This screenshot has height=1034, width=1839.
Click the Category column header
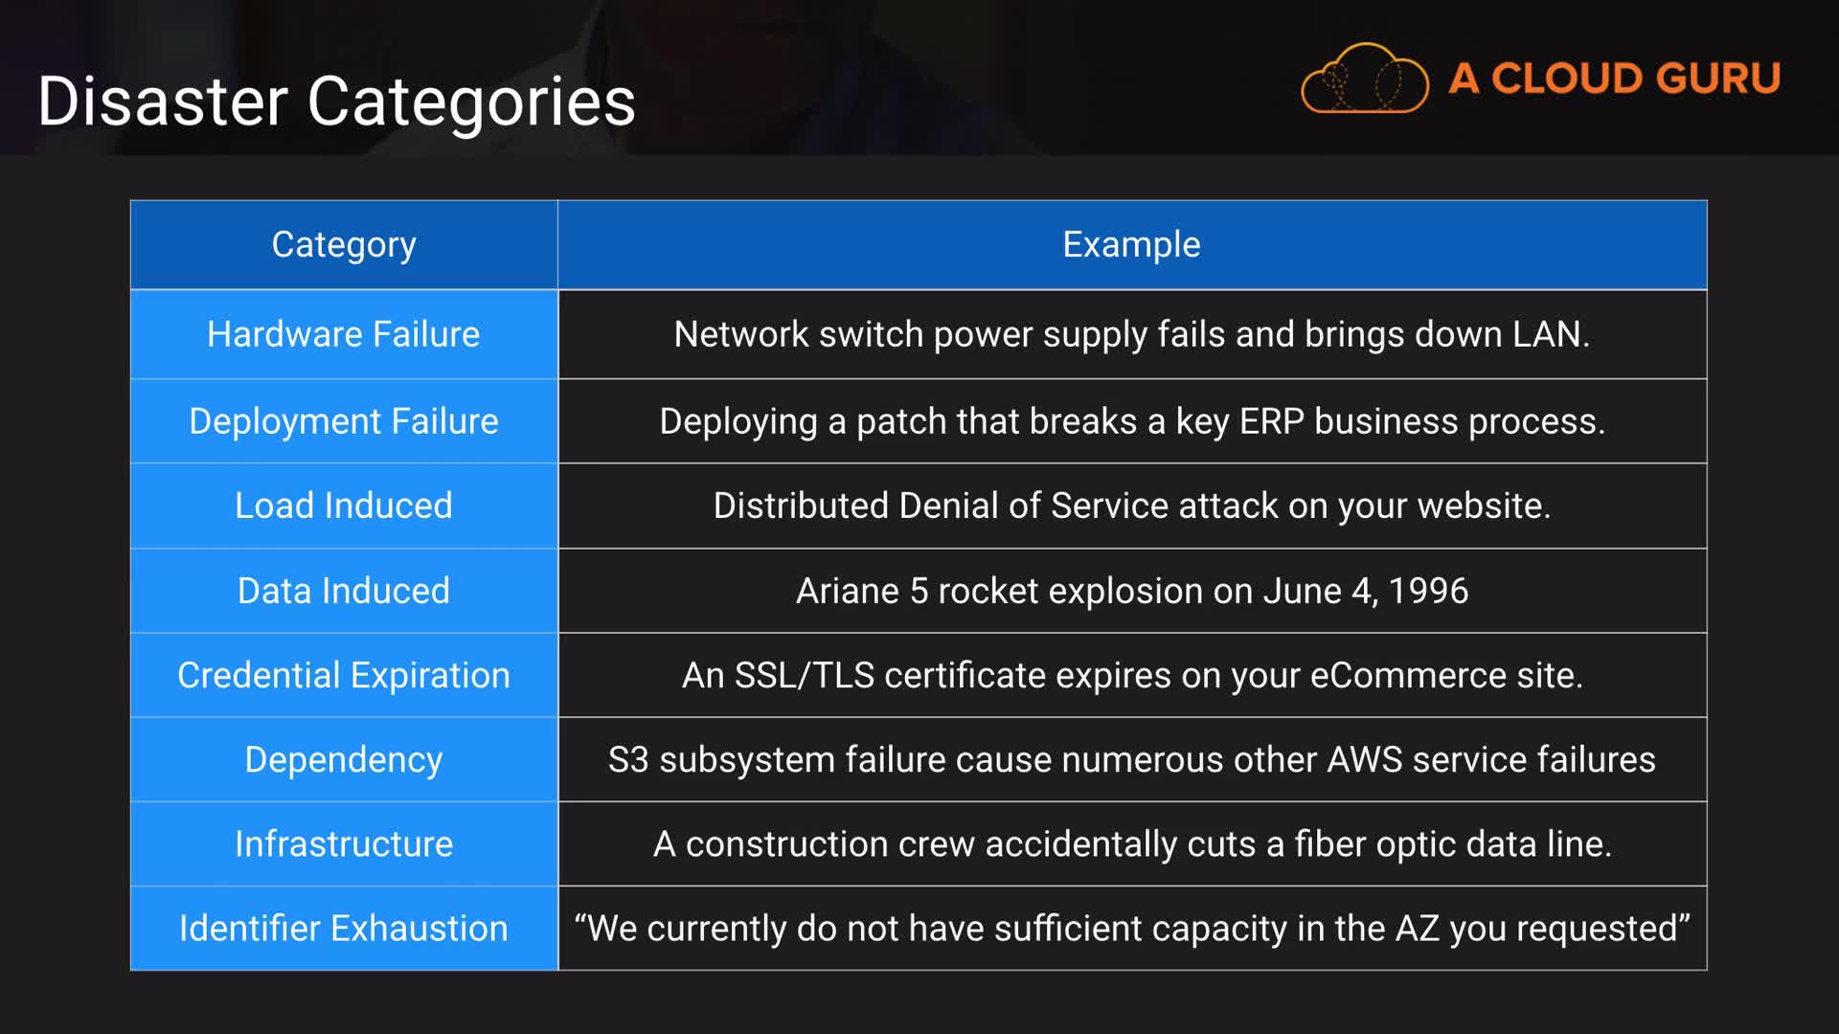(x=344, y=245)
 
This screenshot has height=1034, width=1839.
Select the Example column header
(x=1131, y=245)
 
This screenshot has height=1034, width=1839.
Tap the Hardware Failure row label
(x=344, y=334)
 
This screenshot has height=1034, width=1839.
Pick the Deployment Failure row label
(x=344, y=421)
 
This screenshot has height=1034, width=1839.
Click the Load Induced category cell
(x=344, y=506)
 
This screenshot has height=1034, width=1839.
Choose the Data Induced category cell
(x=344, y=591)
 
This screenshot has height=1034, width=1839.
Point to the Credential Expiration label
(x=344, y=675)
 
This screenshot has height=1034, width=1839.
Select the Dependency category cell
(x=344, y=759)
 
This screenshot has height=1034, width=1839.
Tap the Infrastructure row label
(x=344, y=843)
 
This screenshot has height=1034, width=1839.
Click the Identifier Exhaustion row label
(x=344, y=928)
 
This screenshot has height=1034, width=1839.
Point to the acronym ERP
(x=1271, y=421)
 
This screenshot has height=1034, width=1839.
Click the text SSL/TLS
(x=804, y=675)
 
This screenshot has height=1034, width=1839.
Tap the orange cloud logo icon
(x=1364, y=79)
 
